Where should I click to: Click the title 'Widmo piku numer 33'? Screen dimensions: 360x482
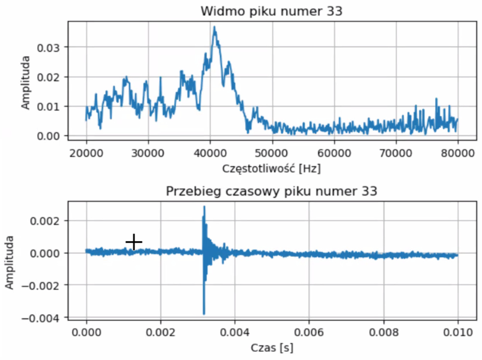pos(271,11)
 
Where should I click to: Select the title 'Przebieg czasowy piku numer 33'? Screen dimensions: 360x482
pos(271,191)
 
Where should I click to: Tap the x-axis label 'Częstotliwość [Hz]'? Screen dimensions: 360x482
pos(271,169)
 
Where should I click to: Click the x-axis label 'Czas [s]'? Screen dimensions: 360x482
pos(272,348)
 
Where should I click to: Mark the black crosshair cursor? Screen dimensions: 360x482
pos(134,241)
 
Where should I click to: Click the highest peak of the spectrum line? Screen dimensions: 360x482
pos(214,28)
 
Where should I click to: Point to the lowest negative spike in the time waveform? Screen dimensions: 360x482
pos(204,313)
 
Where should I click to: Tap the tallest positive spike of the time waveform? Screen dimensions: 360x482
pos(204,207)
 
